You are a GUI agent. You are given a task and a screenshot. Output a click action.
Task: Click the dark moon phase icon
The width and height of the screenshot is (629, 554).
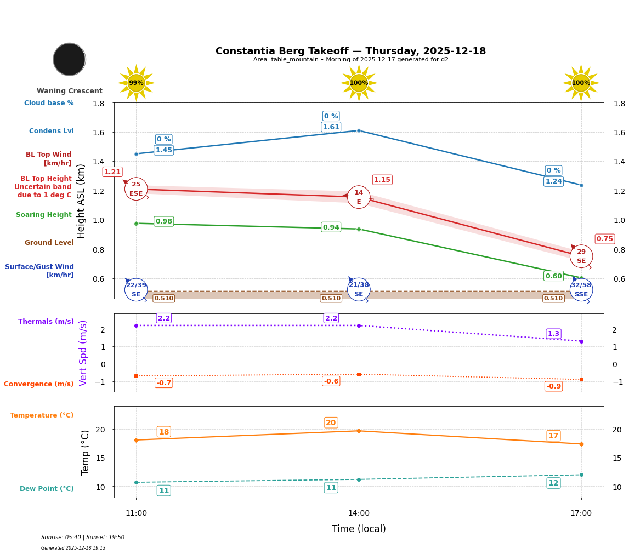tap(69, 59)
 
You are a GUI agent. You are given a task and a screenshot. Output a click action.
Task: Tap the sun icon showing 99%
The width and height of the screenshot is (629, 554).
tap(136, 83)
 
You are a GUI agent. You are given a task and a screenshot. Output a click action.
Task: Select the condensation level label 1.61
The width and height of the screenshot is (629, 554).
tap(331, 127)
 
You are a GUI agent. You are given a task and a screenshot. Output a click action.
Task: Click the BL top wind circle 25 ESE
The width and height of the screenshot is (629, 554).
tap(136, 189)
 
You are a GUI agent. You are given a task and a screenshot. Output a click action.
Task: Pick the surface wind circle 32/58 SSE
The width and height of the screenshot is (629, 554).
tap(581, 290)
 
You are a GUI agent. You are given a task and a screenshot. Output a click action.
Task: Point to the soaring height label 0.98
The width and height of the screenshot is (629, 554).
tap(163, 221)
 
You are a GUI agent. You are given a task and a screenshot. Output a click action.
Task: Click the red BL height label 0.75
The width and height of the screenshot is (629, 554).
tap(605, 239)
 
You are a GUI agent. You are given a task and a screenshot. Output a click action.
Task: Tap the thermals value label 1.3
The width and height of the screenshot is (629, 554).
tap(553, 334)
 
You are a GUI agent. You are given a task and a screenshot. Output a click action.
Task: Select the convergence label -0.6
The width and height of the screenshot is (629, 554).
tap(331, 381)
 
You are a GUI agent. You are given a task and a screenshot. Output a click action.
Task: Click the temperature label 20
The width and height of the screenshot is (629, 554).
tap(331, 422)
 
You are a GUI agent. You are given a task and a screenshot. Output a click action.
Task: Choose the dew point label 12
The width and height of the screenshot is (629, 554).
tap(553, 483)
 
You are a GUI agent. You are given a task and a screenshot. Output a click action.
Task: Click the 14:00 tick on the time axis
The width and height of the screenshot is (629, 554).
tap(359, 513)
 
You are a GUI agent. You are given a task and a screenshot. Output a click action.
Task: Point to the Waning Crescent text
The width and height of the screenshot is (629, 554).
tap(69, 91)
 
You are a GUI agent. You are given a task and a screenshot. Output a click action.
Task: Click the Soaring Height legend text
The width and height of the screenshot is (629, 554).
tap(44, 215)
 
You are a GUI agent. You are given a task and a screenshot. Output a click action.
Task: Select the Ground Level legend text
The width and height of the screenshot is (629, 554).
tap(49, 243)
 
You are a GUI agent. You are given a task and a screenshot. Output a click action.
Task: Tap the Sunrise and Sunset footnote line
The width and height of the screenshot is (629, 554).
tap(83, 538)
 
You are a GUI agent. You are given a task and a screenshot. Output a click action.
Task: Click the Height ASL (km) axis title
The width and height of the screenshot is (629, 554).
tap(81, 201)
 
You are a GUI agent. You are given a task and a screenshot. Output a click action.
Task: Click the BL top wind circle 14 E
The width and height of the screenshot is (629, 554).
tap(359, 197)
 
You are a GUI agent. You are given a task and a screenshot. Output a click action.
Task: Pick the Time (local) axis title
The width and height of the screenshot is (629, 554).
tap(359, 529)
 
